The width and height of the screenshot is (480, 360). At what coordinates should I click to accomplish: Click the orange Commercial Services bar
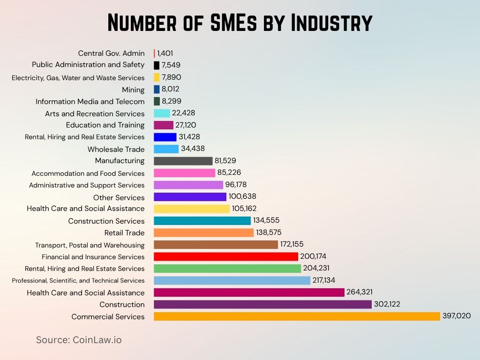[297, 316]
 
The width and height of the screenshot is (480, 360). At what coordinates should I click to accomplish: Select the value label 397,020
[457, 316]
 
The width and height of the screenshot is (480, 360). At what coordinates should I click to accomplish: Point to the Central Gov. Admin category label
[111, 53]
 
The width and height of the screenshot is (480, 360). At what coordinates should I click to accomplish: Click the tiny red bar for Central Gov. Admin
[154, 53]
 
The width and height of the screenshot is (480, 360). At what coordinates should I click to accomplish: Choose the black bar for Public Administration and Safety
[157, 65]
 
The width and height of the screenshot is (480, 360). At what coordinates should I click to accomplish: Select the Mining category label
[133, 90]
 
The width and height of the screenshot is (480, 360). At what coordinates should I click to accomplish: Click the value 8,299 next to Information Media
[172, 101]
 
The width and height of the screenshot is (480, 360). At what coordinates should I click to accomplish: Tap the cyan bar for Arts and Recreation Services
[162, 113]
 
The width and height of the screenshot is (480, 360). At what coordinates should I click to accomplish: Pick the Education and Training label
[105, 125]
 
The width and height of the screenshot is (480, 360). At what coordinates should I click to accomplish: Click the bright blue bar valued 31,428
[165, 137]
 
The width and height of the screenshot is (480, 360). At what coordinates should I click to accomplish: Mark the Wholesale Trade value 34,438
[193, 149]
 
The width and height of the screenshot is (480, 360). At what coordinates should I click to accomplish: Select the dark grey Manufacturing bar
[183, 161]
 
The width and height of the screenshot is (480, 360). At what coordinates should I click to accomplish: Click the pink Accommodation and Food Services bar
[184, 173]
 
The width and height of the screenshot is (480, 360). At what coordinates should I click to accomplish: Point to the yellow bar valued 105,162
[192, 209]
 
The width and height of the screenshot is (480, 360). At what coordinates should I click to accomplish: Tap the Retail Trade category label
[124, 233]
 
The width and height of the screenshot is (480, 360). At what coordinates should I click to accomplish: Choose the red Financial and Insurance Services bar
[226, 256]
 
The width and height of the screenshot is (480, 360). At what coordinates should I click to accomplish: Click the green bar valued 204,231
[227, 269]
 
